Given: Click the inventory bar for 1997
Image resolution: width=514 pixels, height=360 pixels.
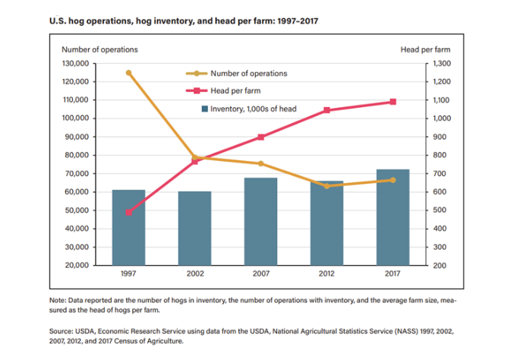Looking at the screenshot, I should pos(128,227).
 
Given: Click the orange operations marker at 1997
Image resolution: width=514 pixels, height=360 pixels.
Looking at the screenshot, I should pos(128,73).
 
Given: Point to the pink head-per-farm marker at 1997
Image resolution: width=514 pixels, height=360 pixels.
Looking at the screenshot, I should pos(128,212).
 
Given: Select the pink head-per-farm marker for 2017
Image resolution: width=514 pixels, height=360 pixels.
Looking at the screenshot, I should pos(393,102).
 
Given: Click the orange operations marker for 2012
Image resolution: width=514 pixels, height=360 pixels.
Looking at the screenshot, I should pos(327,185).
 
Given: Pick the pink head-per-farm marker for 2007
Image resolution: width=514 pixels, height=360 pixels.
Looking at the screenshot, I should pos(260,137).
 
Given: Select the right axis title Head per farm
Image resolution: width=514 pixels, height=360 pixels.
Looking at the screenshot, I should pos(423,49).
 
